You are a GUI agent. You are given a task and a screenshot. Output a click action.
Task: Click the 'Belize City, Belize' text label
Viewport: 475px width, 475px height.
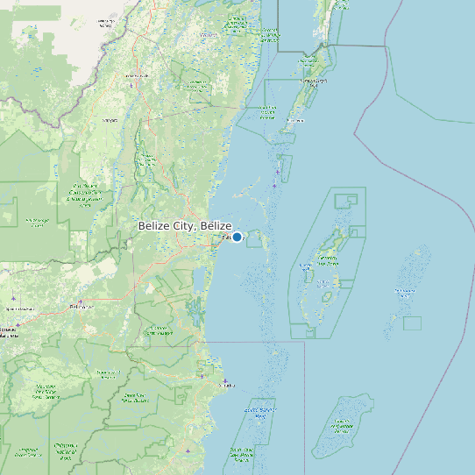(184, 226)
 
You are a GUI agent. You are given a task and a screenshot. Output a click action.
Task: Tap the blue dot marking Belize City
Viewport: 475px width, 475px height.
(237, 237)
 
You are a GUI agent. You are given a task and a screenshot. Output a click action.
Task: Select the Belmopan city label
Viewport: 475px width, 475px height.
(81, 307)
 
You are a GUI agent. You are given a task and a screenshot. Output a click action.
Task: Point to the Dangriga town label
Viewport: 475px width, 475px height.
(227, 384)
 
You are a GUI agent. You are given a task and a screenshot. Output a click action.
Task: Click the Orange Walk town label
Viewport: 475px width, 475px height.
(135, 76)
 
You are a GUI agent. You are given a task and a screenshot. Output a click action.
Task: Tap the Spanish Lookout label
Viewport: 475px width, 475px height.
(19, 308)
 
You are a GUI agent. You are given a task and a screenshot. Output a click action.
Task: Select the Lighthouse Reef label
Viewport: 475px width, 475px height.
(405, 291)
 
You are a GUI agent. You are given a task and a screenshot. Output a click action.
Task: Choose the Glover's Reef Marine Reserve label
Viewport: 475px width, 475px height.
(343, 427)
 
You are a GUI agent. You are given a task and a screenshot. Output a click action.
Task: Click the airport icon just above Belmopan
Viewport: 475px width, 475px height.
(80, 301)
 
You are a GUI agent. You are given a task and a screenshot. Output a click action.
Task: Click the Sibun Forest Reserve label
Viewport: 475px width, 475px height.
(159, 331)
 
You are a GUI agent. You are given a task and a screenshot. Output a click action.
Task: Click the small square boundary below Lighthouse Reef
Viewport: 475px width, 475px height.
(412, 323)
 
